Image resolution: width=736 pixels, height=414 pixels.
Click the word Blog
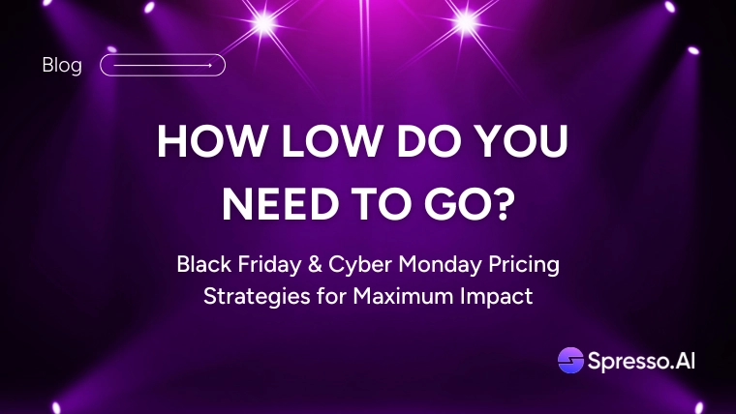click(62, 66)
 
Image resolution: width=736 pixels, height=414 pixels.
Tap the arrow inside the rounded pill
click(163, 66)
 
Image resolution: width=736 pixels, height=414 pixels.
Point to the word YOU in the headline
click(521, 141)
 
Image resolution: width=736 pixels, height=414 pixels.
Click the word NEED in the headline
click(280, 205)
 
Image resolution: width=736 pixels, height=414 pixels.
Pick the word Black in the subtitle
click(204, 264)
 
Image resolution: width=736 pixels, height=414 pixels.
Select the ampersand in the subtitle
click(315, 264)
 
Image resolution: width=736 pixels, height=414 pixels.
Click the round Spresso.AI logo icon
click(570, 360)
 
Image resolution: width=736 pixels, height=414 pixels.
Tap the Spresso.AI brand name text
click(641, 362)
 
